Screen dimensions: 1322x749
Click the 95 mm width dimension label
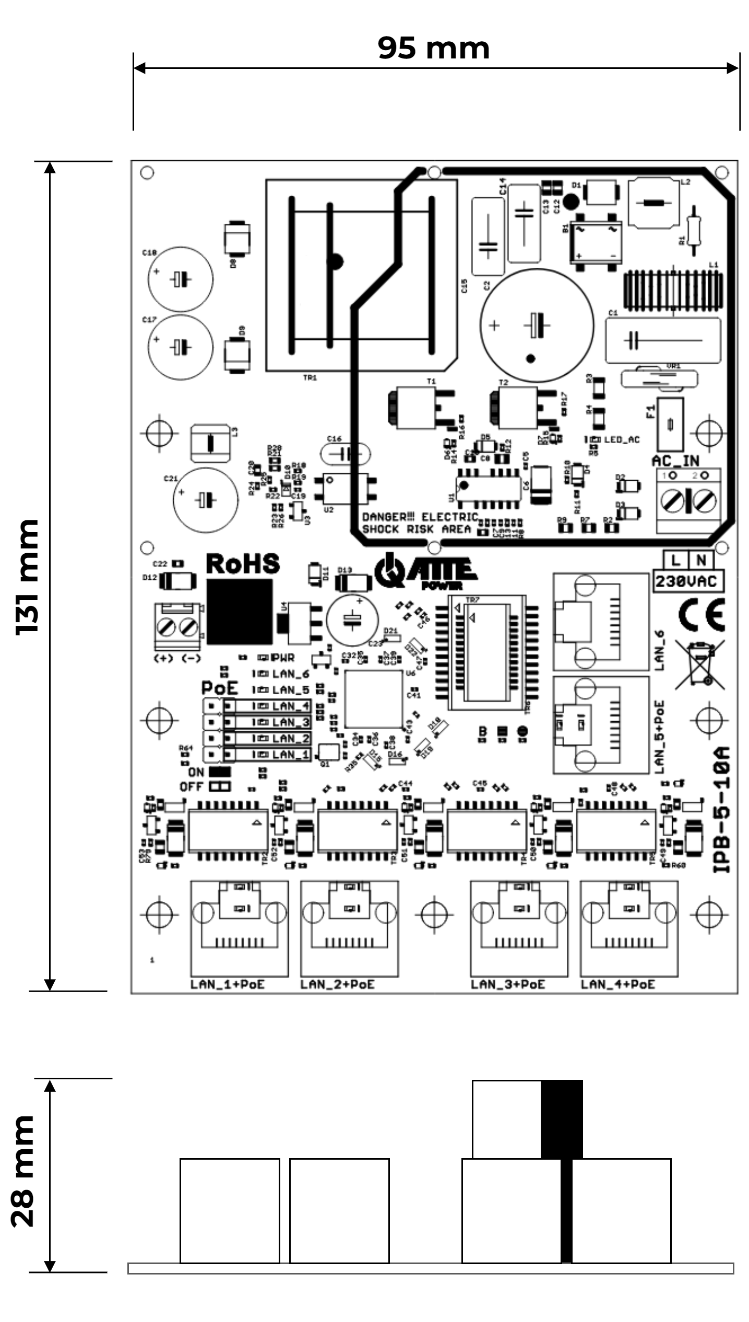tap(433, 48)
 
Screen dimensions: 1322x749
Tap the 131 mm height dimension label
tap(27, 577)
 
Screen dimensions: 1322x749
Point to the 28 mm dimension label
tap(23, 1171)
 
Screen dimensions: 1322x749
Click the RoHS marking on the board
tap(243, 564)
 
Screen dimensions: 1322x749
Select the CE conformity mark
tap(702, 615)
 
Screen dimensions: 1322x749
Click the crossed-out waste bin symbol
tap(699, 664)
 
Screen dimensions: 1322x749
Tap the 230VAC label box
tap(688, 581)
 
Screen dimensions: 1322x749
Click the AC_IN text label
tap(675, 461)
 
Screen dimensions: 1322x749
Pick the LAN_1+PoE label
tap(228, 984)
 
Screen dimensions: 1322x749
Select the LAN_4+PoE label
tap(617, 984)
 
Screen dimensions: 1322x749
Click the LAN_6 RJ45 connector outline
tap(601, 622)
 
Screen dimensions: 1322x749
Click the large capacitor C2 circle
tap(537, 325)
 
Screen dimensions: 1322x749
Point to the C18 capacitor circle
tap(180, 279)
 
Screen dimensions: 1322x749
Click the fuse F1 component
tap(670, 424)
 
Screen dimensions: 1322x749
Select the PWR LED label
tap(283, 658)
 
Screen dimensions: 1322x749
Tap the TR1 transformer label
tap(310, 377)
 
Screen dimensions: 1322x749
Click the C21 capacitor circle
tap(205, 500)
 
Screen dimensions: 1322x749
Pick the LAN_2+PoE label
tap(337, 984)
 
